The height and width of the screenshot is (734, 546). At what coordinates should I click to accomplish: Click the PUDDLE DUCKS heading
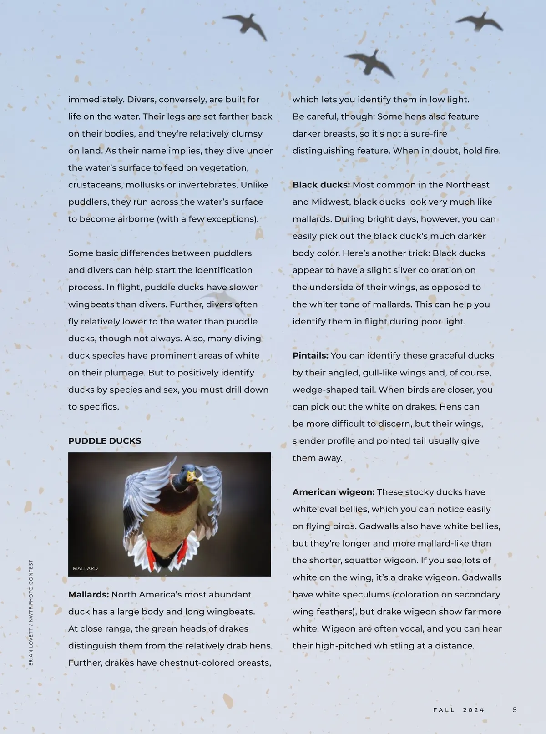click(x=105, y=441)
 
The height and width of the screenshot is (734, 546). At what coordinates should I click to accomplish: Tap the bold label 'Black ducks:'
click(x=321, y=185)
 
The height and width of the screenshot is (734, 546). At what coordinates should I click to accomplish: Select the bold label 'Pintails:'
click(x=310, y=355)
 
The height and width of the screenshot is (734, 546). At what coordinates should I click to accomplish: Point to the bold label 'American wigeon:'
click(x=334, y=492)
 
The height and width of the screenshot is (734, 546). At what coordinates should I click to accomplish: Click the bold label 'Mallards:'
click(x=88, y=594)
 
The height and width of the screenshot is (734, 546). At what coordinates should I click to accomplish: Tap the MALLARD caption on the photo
click(x=85, y=568)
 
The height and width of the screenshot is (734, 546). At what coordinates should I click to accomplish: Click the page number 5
click(x=515, y=709)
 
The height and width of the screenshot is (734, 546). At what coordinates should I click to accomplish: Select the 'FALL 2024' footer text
click(x=459, y=710)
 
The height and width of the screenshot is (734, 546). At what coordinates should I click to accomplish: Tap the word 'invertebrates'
click(x=207, y=185)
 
